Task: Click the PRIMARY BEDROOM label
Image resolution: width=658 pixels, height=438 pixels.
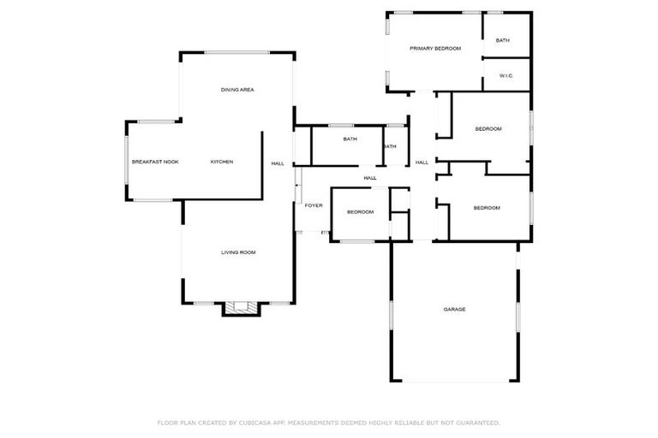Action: [435, 49]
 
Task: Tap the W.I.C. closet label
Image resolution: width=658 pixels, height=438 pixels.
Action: [505, 76]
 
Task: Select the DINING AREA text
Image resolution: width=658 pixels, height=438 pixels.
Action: [237, 90]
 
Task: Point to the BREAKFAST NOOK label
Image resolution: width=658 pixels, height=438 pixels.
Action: [155, 162]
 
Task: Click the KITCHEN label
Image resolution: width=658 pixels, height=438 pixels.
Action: [222, 162]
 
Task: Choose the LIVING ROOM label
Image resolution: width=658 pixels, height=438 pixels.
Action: [238, 252]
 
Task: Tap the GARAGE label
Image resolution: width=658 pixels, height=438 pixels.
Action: [454, 309]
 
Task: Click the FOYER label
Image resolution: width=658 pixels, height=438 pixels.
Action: [314, 206]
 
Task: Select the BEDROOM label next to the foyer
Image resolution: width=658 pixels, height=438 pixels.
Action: [360, 211]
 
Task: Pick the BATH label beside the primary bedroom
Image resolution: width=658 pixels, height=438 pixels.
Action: [503, 40]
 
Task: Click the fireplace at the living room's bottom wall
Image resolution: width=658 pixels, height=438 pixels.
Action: [239, 308]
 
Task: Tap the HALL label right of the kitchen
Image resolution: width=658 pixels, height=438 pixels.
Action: [278, 163]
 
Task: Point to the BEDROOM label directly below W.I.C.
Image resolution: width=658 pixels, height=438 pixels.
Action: [488, 129]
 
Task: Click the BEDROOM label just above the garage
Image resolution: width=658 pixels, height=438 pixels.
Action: [487, 208]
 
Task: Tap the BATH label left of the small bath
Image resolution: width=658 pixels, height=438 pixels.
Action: [350, 139]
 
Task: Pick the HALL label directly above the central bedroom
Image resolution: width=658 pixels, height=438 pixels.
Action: [370, 178]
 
